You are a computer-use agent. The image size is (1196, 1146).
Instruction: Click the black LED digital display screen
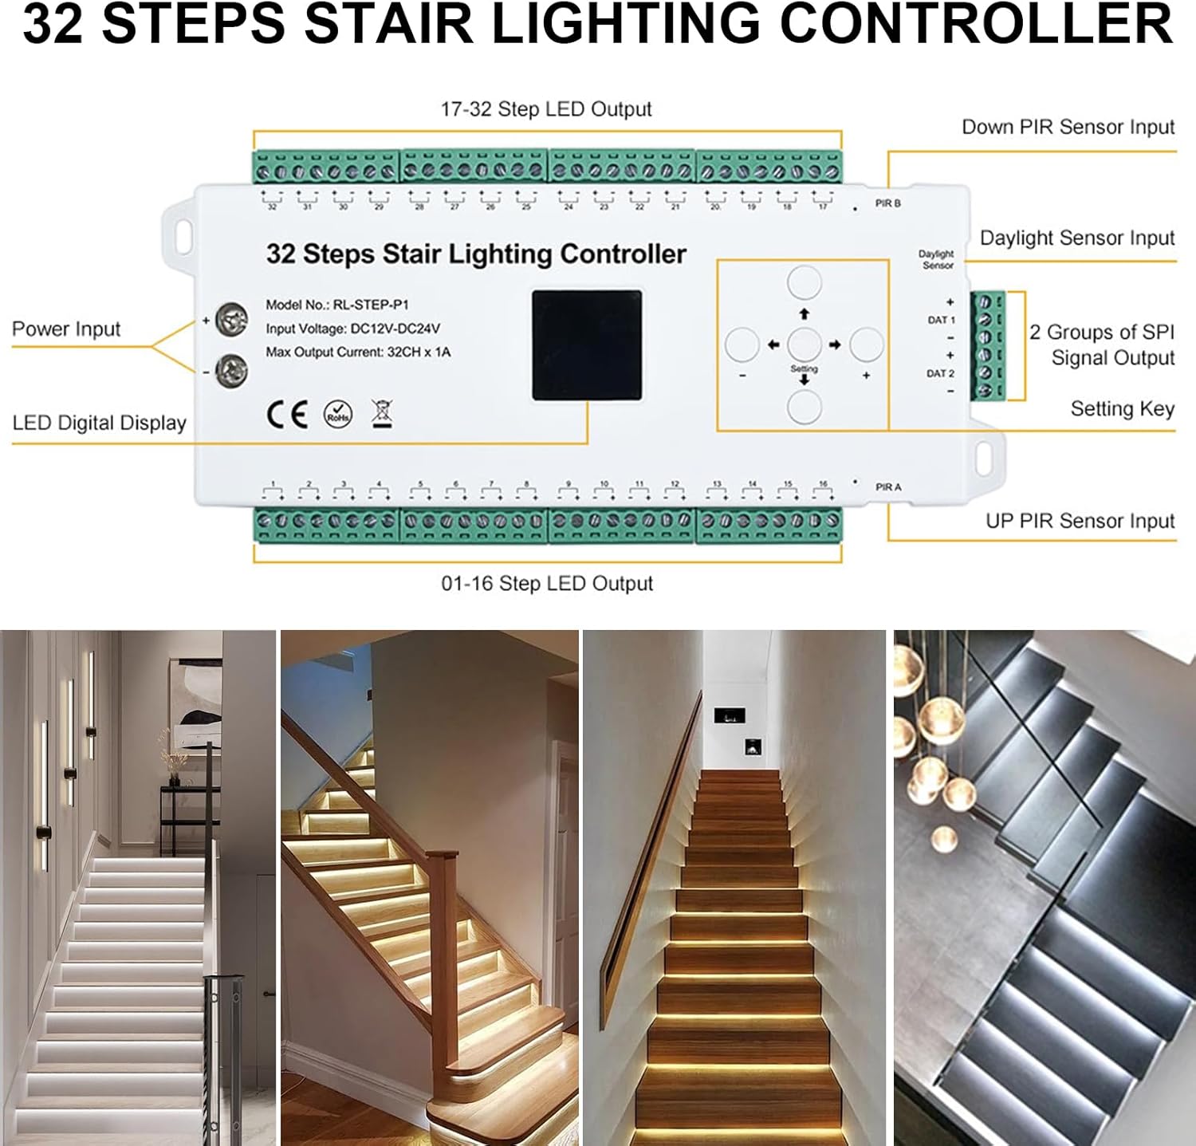587,345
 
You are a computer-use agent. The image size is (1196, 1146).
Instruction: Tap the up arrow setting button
804,283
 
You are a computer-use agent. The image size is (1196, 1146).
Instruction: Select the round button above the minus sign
742,345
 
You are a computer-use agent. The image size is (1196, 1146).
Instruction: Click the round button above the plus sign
866,345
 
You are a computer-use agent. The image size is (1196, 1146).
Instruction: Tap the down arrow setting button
804,407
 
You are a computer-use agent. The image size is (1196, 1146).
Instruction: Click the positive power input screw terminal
231,321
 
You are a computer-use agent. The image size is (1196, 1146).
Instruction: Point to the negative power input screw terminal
231,369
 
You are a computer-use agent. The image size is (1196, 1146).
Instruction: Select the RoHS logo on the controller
338,414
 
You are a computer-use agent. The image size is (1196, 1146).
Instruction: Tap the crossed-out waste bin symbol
382,413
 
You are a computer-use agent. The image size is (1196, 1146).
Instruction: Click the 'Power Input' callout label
66,329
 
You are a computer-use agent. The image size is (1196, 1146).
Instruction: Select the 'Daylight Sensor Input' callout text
1077,238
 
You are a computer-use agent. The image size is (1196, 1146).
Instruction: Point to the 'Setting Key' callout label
1122,409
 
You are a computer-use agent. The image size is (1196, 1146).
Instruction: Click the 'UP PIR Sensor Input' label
1080,522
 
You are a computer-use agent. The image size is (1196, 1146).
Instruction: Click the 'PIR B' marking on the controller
887,204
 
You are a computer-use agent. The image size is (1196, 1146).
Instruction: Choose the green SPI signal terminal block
986,345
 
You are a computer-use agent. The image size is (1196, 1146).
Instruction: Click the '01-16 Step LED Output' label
547,584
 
